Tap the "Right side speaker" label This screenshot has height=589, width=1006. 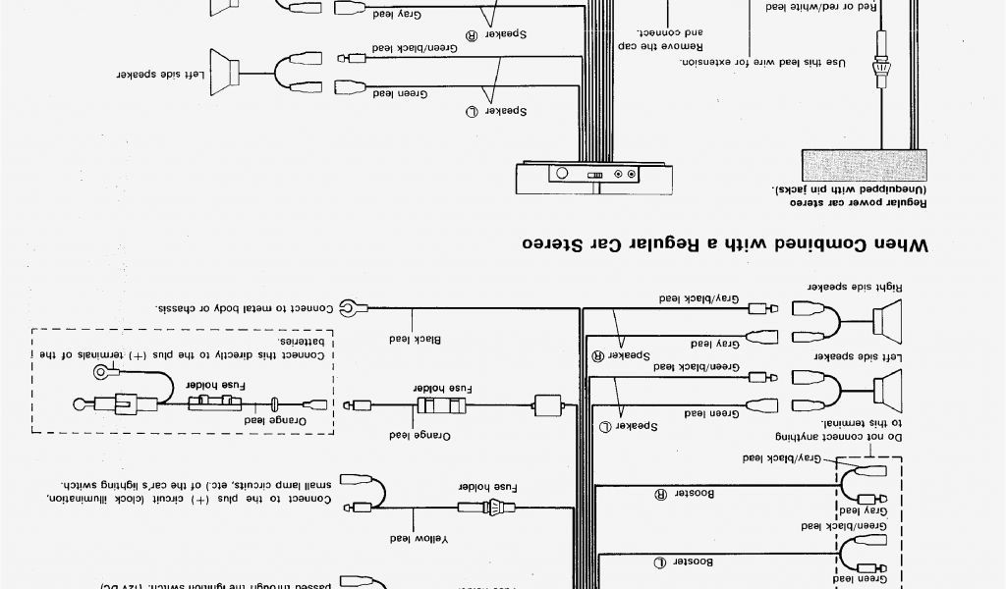842,286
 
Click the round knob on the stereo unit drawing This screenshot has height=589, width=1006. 562,174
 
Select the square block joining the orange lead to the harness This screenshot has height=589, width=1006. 547,404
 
